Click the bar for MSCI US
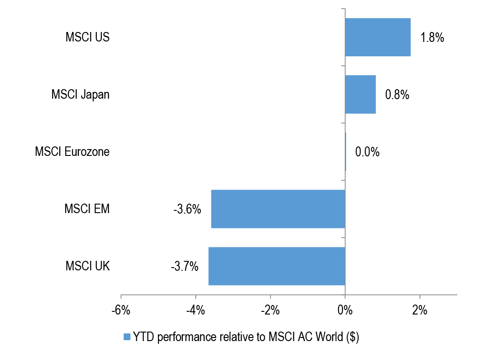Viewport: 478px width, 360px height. click(x=378, y=37)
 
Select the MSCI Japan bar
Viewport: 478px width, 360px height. click(x=360, y=95)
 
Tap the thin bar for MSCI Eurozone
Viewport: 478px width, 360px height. click(x=345, y=152)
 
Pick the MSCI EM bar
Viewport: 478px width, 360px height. click(x=278, y=209)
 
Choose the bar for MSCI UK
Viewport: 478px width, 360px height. click(x=276, y=266)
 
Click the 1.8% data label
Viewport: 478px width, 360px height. click(x=432, y=37)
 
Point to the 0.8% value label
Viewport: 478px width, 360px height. click(x=397, y=95)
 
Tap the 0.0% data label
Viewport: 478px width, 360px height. click(x=367, y=152)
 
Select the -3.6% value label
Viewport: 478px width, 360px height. click(x=187, y=209)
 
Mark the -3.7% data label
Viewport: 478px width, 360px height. click(x=185, y=266)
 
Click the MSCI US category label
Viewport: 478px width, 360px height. click(x=87, y=37)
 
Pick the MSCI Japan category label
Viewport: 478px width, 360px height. click(x=80, y=95)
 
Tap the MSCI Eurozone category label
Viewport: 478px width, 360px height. click(x=72, y=152)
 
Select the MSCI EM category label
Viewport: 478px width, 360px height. click(x=87, y=209)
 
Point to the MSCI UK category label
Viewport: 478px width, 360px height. click(x=87, y=266)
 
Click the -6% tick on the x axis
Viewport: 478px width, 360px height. click(x=121, y=310)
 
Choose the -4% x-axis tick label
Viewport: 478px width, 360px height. click(x=196, y=310)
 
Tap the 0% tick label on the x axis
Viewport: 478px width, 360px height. click(x=345, y=310)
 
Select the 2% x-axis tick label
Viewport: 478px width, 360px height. click(x=419, y=310)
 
